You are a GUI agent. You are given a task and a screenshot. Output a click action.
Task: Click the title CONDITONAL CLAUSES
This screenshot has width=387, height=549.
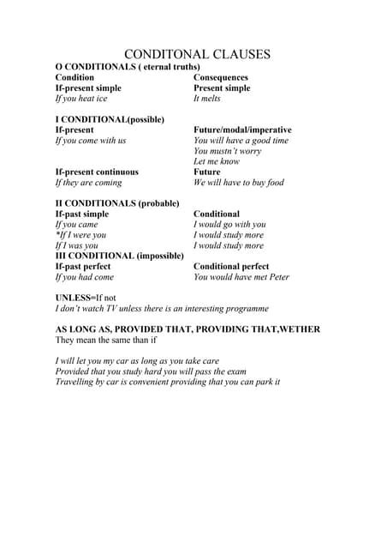[x=198, y=54]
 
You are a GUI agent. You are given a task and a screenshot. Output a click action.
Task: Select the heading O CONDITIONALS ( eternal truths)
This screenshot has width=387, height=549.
[x=128, y=67]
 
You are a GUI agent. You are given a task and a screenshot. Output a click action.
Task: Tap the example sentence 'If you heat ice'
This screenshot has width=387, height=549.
[x=81, y=99]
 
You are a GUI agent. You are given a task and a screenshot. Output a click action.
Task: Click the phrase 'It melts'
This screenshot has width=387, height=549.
[x=207, y=99]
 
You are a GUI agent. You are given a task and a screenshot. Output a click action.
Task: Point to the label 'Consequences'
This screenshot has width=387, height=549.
[x=221, y=77]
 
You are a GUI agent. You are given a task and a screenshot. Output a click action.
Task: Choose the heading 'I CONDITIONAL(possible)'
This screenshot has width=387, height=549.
[x=110, y=119]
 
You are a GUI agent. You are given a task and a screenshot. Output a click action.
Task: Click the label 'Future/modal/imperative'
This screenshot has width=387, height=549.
[x=242, y=130]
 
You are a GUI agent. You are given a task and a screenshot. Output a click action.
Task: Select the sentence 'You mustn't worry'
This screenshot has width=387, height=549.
[x=228, y=151]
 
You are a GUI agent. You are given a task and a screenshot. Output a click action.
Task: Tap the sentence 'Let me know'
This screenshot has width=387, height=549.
[x=217, y=161]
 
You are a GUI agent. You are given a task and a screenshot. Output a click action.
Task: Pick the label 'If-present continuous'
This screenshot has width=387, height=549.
[x=97, y=172]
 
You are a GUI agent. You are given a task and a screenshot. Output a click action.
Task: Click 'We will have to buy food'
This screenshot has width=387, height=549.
[x=239, y=183]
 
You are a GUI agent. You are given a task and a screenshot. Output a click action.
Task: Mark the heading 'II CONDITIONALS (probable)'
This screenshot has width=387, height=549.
[x=117, y=203]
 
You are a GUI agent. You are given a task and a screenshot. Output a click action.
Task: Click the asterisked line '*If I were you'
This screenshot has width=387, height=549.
[x=80, y=235]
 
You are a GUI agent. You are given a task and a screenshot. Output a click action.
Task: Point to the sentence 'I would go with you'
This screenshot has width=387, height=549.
[x=229, y=225]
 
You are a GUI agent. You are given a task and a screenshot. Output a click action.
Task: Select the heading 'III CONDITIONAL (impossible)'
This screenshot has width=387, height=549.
[x=120, y=256]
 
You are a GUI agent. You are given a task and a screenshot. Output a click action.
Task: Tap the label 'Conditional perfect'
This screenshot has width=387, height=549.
[x=231, y=267]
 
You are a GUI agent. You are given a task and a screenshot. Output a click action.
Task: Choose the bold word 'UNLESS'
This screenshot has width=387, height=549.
[x=74, y=298]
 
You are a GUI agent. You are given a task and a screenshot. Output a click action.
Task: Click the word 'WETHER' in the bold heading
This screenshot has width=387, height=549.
[x=299, y=329]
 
